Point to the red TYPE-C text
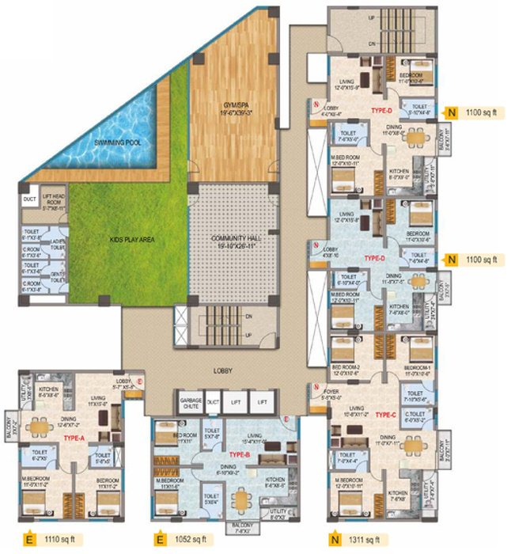click(x=384, y=414)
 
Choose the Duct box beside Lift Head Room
click(x=31, y=199)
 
